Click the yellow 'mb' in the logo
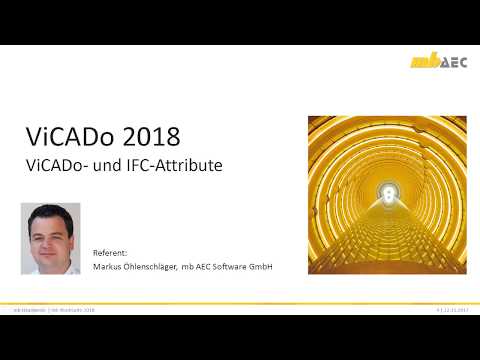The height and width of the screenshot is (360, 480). [423, 62]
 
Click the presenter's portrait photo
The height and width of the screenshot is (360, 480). [50, 239]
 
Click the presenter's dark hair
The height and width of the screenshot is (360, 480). [49, 213]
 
